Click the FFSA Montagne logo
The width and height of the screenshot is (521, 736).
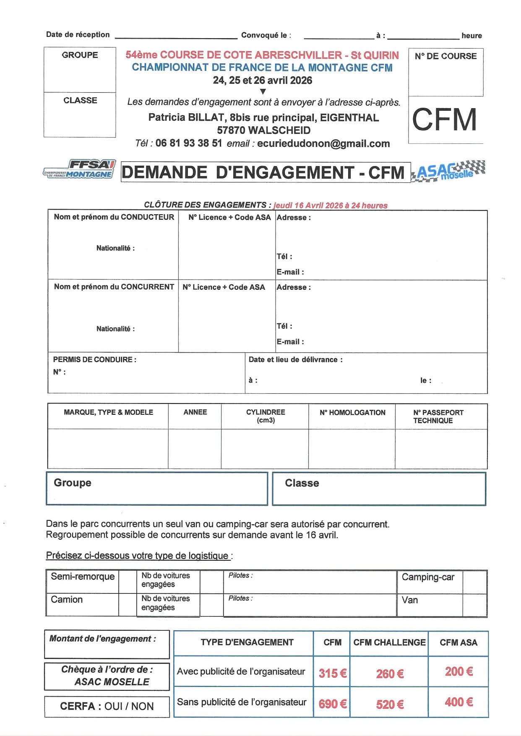[79, 169]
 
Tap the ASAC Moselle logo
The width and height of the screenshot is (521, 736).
[448, 171]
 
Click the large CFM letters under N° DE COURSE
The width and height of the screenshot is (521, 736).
[445, 120]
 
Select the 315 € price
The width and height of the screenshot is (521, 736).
[332, 673]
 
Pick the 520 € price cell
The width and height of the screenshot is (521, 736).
[390, 704]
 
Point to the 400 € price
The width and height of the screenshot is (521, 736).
[458, 702]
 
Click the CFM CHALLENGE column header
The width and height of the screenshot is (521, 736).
[389, 642]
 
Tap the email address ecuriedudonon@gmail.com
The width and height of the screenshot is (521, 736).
[323, 143]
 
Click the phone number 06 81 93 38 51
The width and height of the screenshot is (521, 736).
[188, 143]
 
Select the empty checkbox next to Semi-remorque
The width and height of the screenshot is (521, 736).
[127, 581]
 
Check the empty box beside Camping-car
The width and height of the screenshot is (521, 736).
[474, 582]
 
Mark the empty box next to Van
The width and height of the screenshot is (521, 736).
[474, 605]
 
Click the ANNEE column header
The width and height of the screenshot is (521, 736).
[195, 412]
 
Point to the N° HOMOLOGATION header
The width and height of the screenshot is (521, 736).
[352, 413]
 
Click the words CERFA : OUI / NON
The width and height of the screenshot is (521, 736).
[107, 706]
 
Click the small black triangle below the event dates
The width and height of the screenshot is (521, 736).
[263, 91]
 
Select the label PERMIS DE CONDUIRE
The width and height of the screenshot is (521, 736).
[94, 359]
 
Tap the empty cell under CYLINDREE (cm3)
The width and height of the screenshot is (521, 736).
[265, 448]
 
